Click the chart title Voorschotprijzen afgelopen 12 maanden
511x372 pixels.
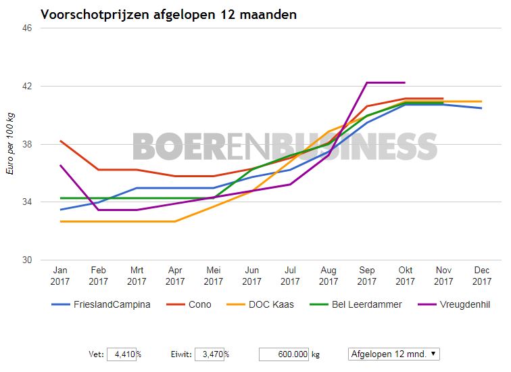(x=168, y=14)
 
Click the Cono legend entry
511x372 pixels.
(x=199, y=304)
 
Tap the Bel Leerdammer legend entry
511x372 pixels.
(x=366, y=304)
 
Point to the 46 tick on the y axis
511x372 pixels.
(x=28, y=28)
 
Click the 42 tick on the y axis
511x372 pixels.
(x=28, y=87)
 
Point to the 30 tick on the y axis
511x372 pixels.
(x=28, y=260)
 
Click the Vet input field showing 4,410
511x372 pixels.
(x=122, y=354)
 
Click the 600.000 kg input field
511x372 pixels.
(x=284, y=354)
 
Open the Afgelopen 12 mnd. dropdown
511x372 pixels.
(x=394, y=354)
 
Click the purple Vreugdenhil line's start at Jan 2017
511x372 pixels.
(x=60, y=165)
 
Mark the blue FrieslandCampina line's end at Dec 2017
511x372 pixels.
(x=482, y=108)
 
